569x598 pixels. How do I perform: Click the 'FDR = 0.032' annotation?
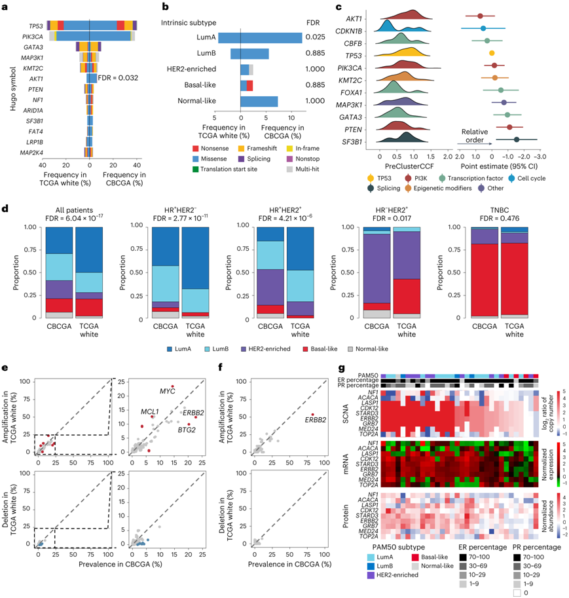[119, 79]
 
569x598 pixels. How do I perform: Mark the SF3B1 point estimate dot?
[517, 140]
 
